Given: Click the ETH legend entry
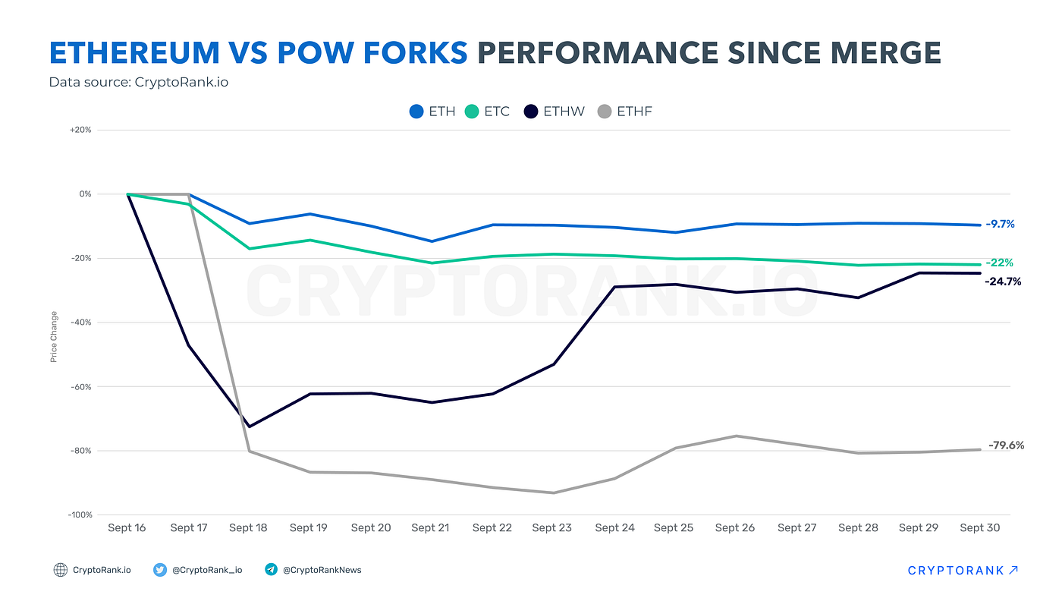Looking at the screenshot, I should pyautogui.click(x=432, y=112).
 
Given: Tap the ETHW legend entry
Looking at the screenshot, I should pyautogui.click(x=555, y=112).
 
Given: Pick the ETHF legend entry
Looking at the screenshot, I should pyautogui.click(x=625, y=112).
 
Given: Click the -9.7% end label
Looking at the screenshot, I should pyautogui.click(x=1000, y=224).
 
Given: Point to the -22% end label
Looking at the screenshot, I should pyautogui.click(x=999, y=263).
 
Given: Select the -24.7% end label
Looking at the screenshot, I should pyautogui.click(x=1003, y=282).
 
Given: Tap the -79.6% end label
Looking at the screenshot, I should pyautogui.click(x=1006, y=445).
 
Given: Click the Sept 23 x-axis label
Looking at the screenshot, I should pyautogui.click(x=552, y=527).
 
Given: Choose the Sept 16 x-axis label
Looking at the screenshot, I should pyautogui.click(x=127, y=527).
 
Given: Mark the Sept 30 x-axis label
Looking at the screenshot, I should pyautogui.click(x=979, y=527).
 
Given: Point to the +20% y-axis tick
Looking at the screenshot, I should pyautogui.click(x=80, y=130).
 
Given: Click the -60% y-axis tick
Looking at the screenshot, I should pyautogui.click(x=80, y=386).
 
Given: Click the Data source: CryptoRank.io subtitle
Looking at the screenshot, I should pyautogui.click(x=139, y=82).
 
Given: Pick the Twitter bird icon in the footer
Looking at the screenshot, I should pyautogui.click(x=160, y=570).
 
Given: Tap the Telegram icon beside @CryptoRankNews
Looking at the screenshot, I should pyautogui.click(x=271, y=570).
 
